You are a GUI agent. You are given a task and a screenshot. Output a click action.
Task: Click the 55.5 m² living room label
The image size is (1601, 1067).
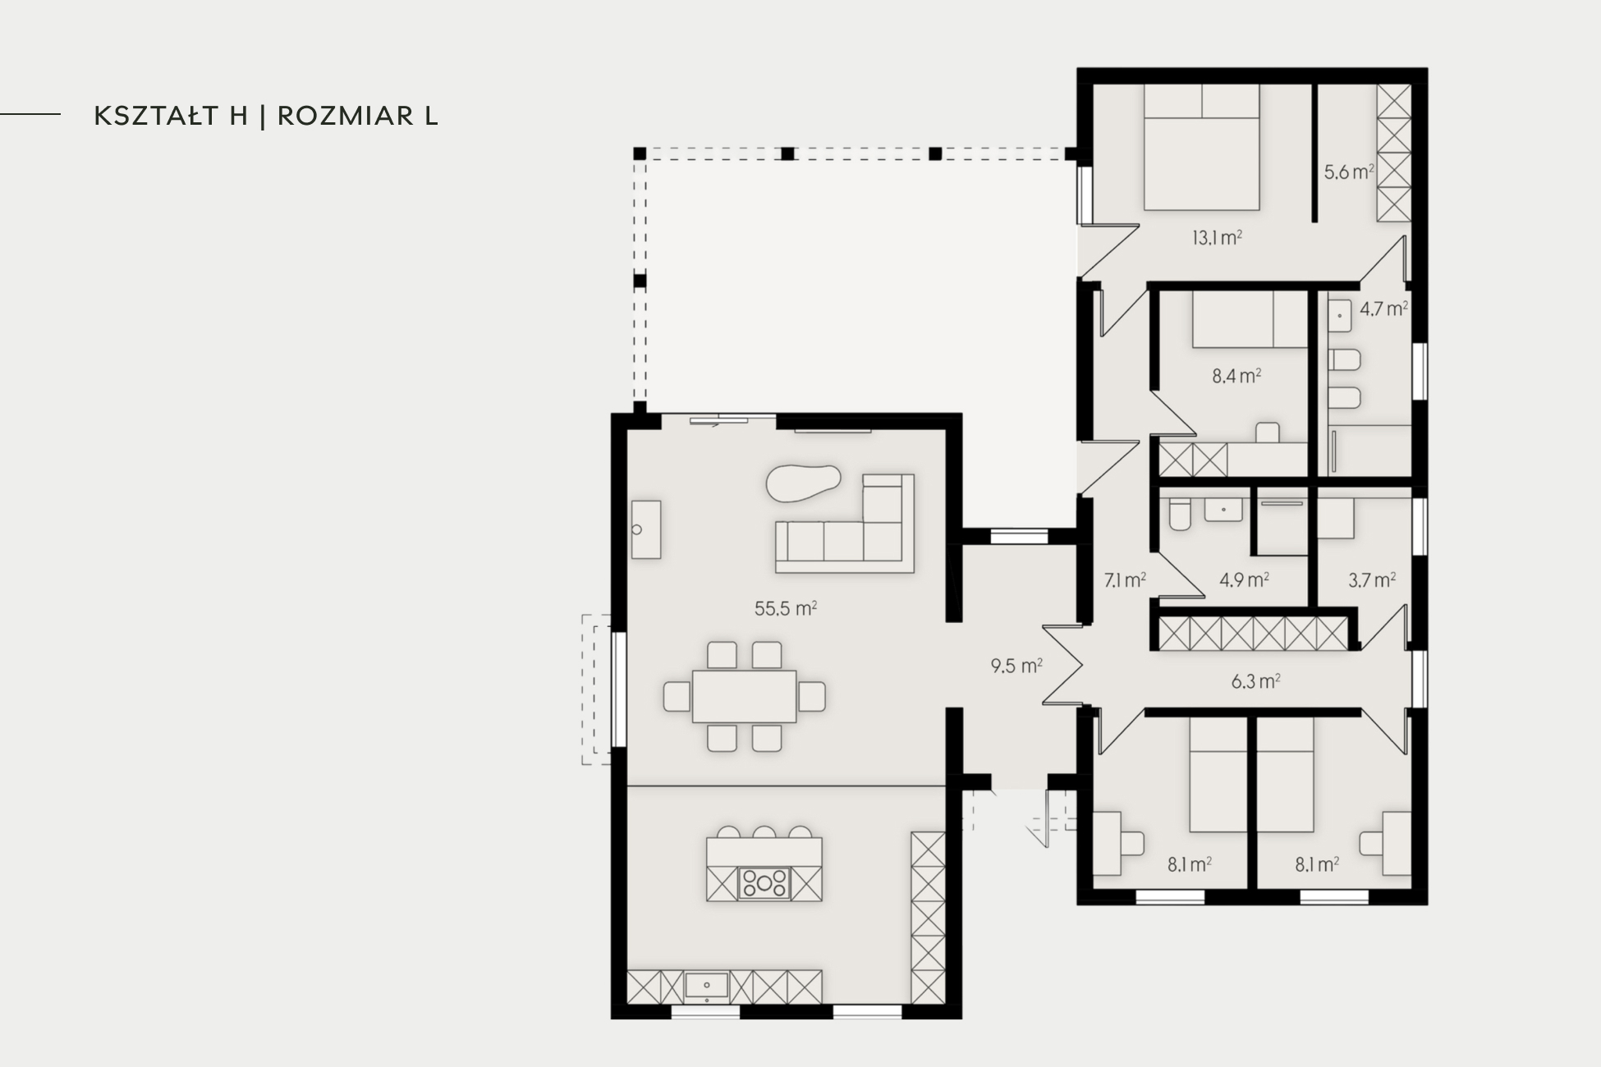[x=786, y=608]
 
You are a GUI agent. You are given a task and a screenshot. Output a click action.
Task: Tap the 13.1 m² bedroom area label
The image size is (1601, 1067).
[x=1217, y=238]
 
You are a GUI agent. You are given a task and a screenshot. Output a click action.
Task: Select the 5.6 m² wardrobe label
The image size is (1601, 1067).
[x=1349, y=172]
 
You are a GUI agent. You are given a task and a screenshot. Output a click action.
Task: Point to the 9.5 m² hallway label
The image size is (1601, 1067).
[x=1016, y=666]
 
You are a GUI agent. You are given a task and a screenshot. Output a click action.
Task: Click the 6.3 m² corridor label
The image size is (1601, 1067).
[x=1256, y=681]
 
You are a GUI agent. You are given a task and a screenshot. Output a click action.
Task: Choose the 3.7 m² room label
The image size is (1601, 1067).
[x=1372, y=580]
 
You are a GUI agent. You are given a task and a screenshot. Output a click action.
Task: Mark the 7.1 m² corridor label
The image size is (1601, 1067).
[x=1125, y=580]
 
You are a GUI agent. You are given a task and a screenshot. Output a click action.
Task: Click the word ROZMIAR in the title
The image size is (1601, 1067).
[x=345, y=116]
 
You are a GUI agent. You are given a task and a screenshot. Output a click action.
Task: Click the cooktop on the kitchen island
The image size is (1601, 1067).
[x=764, y=884]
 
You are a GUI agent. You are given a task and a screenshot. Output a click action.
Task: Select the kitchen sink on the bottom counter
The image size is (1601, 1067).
[x=706, y=986]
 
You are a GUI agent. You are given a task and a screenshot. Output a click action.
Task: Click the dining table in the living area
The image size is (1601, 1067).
[x=745, y=696]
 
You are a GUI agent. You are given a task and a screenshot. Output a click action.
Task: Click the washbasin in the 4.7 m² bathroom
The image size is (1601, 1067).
[x=1339, y=316]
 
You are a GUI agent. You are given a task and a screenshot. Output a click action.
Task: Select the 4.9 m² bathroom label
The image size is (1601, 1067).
[x=1244, y=580]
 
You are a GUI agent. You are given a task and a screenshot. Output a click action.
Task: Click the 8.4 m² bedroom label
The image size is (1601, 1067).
[x=1236, y=377]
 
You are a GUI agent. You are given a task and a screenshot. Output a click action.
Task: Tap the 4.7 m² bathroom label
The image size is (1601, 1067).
[x=1384, y=309]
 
